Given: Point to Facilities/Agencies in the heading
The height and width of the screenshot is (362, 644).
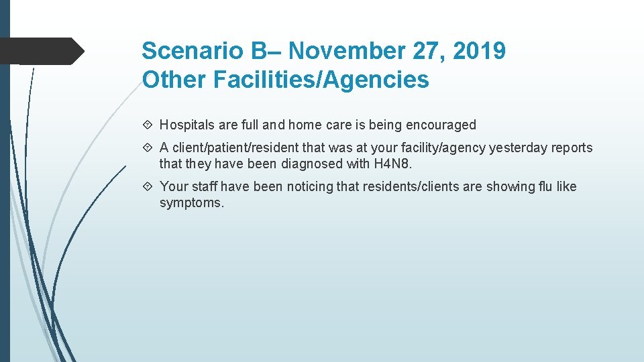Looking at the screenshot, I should point(320,80).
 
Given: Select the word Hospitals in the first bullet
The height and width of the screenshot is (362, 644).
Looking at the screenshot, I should point(187,125).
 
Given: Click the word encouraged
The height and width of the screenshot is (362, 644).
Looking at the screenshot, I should point(441,125).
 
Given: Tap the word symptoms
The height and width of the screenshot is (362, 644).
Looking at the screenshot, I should point(192,202).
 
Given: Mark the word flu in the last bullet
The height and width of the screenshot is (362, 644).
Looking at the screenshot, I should point(543,186).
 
